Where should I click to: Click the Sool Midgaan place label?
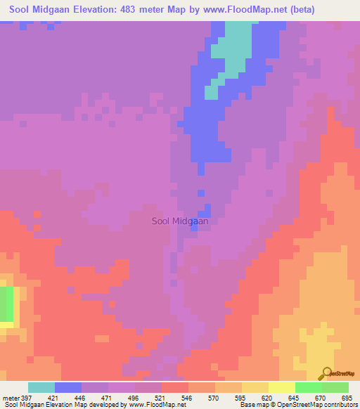coord(180,221)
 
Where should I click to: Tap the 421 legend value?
coord(55,398)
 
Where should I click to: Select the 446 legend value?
coord(82,398)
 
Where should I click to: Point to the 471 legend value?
coord(108,398)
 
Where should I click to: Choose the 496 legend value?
coord(135,398)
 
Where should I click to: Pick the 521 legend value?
coord(162,398)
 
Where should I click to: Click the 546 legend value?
coord(188,398)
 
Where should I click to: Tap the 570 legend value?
coord(215,398)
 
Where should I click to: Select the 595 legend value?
coord(242,398)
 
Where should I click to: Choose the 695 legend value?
coord(347,398)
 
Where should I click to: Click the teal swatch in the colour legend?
coord(41,387)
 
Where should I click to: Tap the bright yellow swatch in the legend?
coord(282,387)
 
